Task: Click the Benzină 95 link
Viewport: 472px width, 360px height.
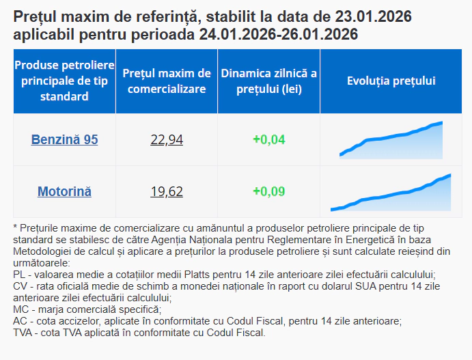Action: (64, 139)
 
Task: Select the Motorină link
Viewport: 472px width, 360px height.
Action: (64, 191)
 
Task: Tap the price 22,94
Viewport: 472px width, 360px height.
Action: (167, 139)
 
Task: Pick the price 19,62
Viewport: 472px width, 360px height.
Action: (167, 191)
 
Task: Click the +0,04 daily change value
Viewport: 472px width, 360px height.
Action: (268, 139)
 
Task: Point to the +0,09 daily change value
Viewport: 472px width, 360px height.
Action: (268, 191)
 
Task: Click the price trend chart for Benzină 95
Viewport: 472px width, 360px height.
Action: (391, 139)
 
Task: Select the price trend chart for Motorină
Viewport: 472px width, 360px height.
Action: (391, 193)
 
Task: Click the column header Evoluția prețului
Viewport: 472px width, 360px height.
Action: (391, 81)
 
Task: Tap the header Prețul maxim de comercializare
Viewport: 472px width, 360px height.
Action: (167, 81)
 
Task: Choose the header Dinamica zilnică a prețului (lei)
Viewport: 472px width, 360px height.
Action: (268, 81)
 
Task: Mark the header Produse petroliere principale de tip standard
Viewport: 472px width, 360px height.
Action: (64, 81)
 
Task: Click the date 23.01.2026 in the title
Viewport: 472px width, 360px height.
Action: (373, 16)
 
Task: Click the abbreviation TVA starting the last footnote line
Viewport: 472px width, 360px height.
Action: (23, 333)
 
